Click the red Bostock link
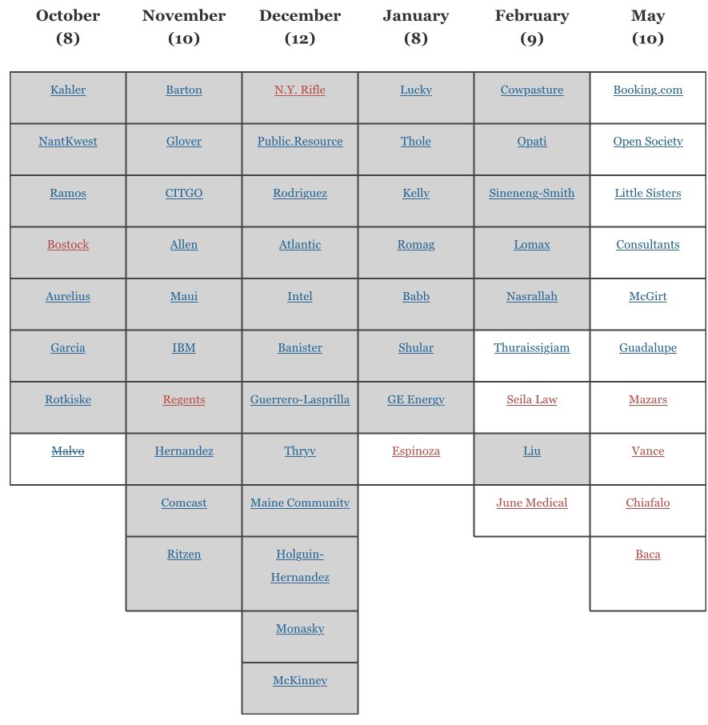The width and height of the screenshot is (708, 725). pyautogui.click(x=68, y=245)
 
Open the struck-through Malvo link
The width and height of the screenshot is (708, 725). pyautogui.click(x=68, y=451)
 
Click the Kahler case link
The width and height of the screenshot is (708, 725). pyautogui.click(x=68, y=90)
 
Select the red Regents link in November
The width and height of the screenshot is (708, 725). pyautogui.click(x=184, y=399)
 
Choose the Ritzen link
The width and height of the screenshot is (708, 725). pyautogui.click(x=184, y=554)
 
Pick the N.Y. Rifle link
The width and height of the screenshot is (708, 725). pyautogui.click(x=300, y=90)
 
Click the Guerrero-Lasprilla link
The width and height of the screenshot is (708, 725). pyautogui.click(x=300, y=399)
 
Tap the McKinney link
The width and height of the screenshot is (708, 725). pyautogui.click(x=300, y=680)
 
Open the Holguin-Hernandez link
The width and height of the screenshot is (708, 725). pyautogui.click(x=300, y=565)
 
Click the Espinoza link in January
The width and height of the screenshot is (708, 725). pyautogui.click(x=416, y=451)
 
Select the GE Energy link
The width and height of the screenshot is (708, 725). pyautogui.click(x=416, y=399)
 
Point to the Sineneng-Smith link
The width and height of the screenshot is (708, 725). pyautogui.click(x=532, y=193)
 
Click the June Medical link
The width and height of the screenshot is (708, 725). pyautogui.click(x=532, y=503)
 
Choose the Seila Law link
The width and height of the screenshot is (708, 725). pyautogui.click(x=532, y=399)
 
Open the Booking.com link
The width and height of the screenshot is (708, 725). pyautogui.click(x=648, y=90)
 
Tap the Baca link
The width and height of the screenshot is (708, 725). pyautogui.click(x=648, y=554)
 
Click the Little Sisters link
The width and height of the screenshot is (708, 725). pyautogui.click(x=648, y=193)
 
